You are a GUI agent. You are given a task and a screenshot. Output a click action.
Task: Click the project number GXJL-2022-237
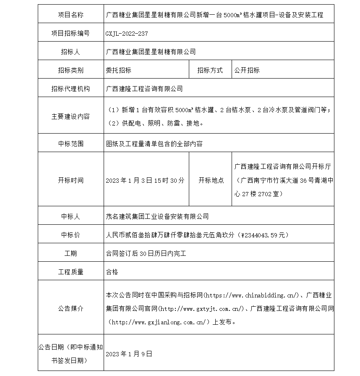127,34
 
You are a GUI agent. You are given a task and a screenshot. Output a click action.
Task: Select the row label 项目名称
70,15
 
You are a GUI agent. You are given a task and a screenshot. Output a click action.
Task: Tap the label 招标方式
210,70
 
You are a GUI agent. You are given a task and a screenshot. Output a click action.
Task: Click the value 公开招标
247,70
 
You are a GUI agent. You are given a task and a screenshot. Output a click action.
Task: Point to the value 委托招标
119,70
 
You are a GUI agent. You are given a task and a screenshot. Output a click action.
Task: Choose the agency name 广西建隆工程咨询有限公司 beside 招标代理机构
145,89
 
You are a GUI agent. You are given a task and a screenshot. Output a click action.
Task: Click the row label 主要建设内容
70,116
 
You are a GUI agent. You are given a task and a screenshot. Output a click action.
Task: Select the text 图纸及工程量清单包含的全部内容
154,144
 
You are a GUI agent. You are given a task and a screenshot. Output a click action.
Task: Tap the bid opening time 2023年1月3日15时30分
145,180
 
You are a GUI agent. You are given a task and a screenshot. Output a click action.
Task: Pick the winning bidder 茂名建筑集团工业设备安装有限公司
157,216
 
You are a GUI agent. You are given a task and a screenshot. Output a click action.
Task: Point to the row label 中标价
70,235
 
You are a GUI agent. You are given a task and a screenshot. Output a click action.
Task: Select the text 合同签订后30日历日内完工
146,253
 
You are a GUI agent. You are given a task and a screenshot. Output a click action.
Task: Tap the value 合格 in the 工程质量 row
112,272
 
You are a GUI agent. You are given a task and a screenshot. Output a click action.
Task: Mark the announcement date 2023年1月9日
129,354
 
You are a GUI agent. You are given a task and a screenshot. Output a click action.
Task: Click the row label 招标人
70,52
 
